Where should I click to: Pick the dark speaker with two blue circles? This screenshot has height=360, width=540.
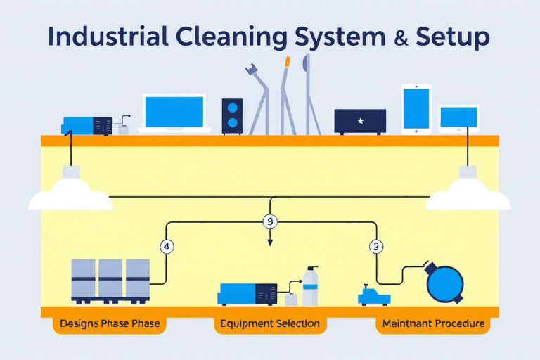tap(233, 115)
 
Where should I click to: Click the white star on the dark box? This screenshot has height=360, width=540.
tap(360, 121)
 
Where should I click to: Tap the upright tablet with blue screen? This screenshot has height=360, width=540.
tap(416, 109)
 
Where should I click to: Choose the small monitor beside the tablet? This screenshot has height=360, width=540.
tap(459, 118)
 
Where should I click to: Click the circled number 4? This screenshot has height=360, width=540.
tap(167, 247)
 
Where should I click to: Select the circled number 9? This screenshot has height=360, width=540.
tap(270, 222)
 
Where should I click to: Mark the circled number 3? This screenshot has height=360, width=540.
tap(376, 247)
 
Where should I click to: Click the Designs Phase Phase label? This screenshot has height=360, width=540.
tap(110, 325)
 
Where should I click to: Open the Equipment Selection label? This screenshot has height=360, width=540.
tap(270, 325)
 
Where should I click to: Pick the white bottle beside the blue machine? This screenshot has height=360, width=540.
tap(310, 286)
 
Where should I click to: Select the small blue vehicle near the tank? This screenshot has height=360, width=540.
tap(373, 295)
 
